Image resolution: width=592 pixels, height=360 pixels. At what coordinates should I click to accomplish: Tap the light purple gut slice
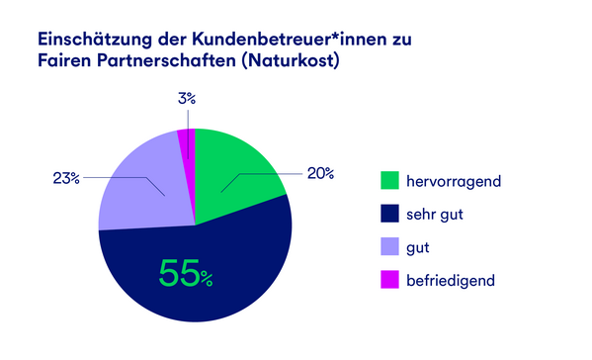click(143, 188)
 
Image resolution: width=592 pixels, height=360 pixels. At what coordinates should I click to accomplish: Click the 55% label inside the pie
click(186, 272)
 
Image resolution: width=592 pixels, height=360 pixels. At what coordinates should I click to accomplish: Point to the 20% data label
click(318, 173)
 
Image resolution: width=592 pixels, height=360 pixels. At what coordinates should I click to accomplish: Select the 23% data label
click(66, 178)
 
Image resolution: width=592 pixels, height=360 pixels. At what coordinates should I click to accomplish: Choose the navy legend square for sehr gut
click(389, 214)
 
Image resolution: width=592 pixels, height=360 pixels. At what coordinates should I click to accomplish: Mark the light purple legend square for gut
click(389, 246)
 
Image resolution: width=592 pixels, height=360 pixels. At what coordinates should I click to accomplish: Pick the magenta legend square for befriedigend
click(389, 280)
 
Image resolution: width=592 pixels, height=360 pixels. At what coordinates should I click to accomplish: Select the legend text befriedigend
click(456, 280)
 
